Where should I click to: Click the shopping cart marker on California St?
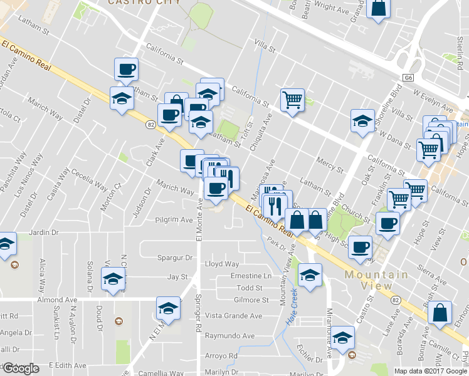click(292, 98)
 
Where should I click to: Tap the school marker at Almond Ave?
click(167, 307)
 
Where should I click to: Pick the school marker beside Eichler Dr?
click(342, 337)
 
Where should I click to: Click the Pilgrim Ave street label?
click(174, 220)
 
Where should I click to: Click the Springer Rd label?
click(199, 305)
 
